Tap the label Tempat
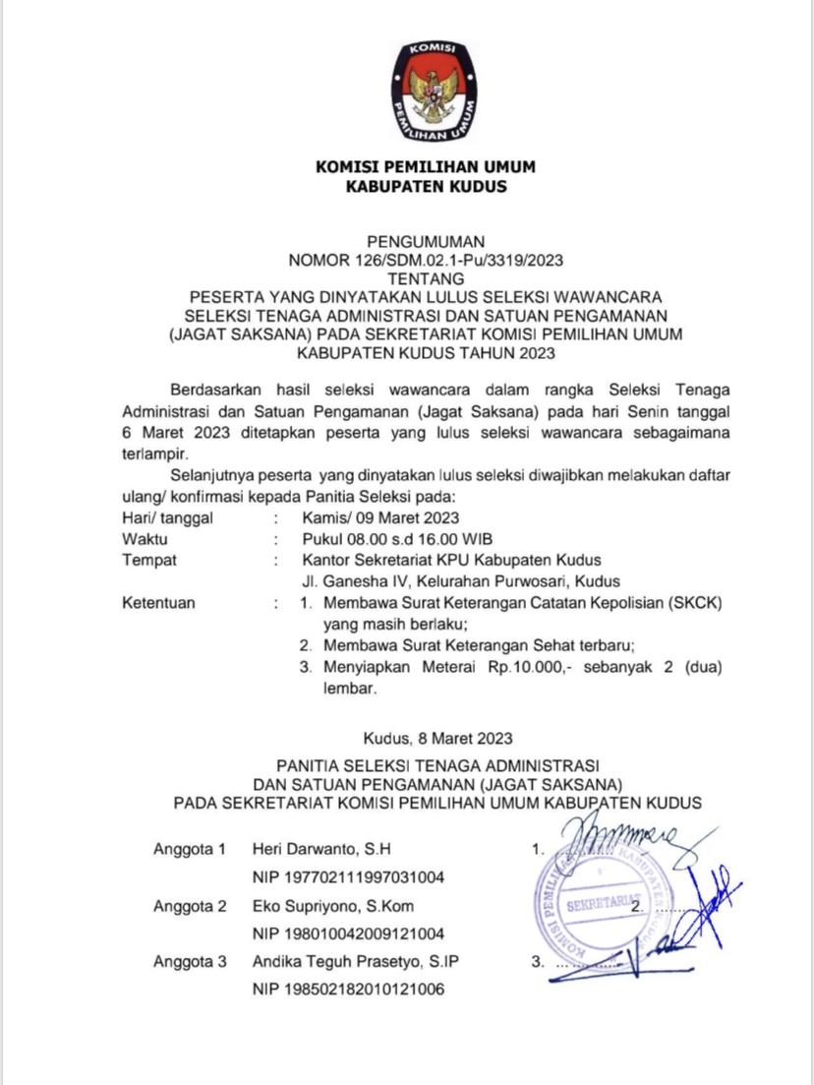click(x=149, y=560)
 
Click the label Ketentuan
click(x=158, y=603)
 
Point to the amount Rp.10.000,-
click(x=530, y=668)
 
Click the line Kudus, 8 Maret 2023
click(x=437, y=737)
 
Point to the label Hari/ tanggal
click(x=167, y=517)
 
